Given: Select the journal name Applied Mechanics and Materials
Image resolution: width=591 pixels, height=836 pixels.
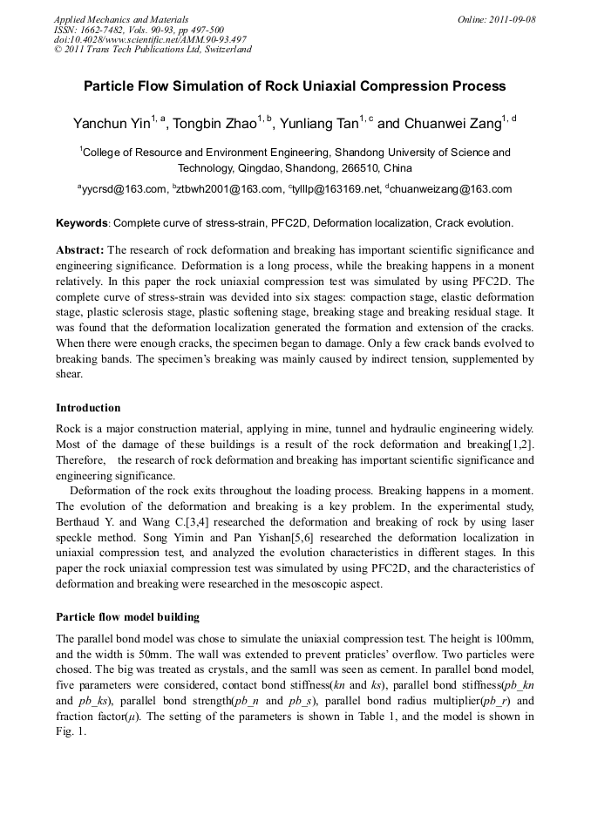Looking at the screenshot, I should tap(121, 19).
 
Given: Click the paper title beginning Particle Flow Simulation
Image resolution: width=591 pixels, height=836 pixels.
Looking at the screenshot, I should tap(295, 86).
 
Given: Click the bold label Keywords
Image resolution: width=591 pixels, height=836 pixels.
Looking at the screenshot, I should tap(82, 223).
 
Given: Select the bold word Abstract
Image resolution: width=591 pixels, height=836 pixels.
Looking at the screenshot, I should tap(80, 249).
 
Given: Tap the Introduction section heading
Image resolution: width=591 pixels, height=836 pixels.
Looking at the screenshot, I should tap(88, 408).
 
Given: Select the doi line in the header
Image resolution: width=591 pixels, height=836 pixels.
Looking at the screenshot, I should tap(150, 39).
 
